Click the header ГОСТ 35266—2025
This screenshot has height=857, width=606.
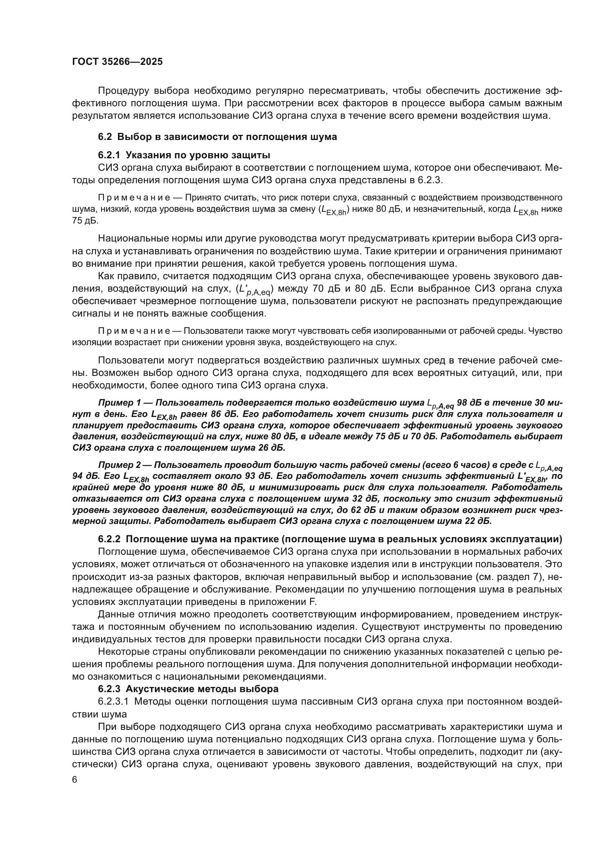pos(117,62)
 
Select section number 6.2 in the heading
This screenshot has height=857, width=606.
pos(105,137)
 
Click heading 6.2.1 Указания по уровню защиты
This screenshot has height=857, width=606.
pos(184,155)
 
